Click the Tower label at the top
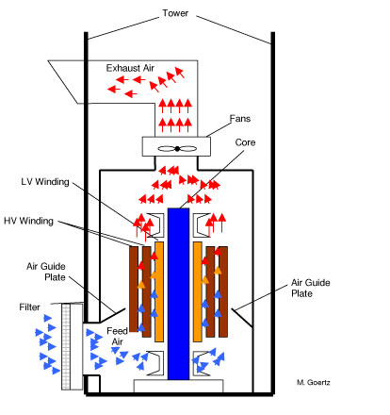click(x=175, y=13)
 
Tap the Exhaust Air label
click(x=130, y=68)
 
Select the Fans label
click(x=240, y=119)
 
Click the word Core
click(x=245, y=142)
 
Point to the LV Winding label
click(x=45, y=182)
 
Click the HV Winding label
click(x=28, y=221)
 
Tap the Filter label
click(x=29, y=307)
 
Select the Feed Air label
click(x=117, y=336)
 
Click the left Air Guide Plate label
click(x=46, y=272)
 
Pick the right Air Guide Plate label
click(x=311, y=288)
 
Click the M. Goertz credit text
click(x=314, y=382)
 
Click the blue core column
click(x=178, y=293)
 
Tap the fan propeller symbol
click(x=177, y=149)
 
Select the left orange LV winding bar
click(x=159, y=291)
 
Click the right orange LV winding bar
click(x=198, y=291)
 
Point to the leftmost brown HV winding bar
click(x=134, y=289)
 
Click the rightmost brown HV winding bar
click(x=223, y=291)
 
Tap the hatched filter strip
click(x=66, y=347)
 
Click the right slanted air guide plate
click(x=242, y=318)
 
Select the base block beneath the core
click(x=179, y=386)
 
